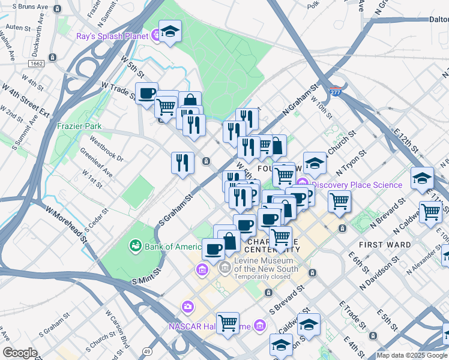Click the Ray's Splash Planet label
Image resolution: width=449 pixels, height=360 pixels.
tap(112, 36)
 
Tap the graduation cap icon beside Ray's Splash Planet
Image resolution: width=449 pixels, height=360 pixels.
tap(170, 32)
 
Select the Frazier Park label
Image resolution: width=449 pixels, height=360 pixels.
tap(79, 126)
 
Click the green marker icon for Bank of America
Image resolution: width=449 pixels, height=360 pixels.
tap(135, 246)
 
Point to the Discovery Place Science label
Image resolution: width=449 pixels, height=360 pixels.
tap(357, 185)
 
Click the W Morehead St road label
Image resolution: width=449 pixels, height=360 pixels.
tap(66, 221)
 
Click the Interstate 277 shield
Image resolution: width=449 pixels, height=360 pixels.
tap(336, 92)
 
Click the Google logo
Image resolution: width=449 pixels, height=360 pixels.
tap(20, 353)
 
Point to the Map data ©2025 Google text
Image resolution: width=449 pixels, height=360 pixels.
tap(412, 355)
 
